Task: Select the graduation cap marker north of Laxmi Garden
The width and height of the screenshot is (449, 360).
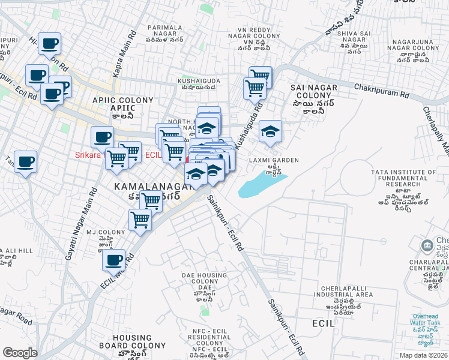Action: pos(270,133)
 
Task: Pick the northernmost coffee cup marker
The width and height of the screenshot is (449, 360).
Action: pos(49,44)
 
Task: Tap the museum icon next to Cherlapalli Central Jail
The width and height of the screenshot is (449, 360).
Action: pos(427,245)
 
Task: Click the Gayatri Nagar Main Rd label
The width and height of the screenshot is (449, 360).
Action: pos(83,223)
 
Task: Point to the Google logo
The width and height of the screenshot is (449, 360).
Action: pos(20,353)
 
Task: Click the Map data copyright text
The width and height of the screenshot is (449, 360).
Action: pos(423,355)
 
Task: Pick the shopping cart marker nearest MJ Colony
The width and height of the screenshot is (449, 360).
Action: pos(140,220)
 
